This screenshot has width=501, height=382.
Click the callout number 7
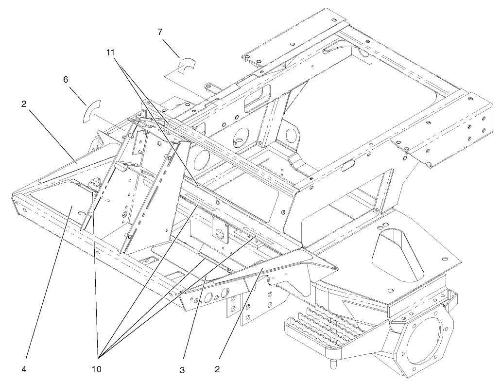click(x=160, y=32)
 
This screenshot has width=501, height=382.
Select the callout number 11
click(x=111, y=51)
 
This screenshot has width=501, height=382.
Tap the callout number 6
click(x=66, y=79)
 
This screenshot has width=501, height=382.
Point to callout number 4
click(x=24, y=369)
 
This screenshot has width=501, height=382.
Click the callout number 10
click(x=97, y=369)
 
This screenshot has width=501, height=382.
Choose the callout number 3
click(x=182, y=370)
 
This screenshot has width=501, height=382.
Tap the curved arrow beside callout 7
click(x=186, y=65)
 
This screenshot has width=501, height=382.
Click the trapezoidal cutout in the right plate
click(x=393, y=252)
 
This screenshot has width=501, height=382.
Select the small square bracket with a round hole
click(x=220, y=228)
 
